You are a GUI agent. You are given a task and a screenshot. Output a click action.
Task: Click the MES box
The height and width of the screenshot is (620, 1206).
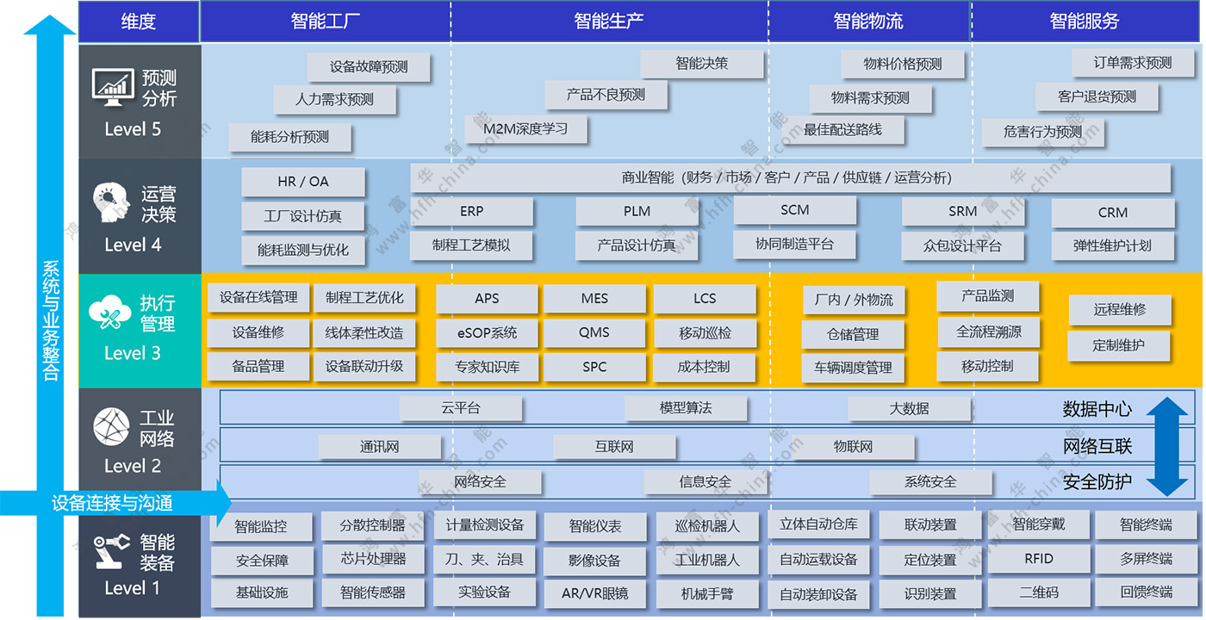(594, 299)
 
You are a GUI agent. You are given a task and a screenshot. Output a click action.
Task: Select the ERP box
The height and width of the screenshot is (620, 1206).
(471, 211)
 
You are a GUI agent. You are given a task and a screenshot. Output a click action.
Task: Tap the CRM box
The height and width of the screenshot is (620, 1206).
(1113, 213)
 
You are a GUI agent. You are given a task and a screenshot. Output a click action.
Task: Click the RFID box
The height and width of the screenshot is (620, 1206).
(1039, 559)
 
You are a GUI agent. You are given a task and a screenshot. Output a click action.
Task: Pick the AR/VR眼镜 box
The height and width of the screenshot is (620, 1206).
(594, 592)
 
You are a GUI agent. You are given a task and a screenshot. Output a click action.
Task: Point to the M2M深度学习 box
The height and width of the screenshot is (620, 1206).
(526, 129)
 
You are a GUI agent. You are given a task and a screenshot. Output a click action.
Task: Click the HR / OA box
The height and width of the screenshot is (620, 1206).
(303, 182)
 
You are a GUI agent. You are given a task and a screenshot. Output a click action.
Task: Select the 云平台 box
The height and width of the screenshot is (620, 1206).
(461, 408)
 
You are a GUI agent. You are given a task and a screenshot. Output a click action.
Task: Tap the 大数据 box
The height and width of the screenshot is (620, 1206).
(909, 408)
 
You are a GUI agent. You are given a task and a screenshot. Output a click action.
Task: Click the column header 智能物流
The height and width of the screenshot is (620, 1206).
(868, 22)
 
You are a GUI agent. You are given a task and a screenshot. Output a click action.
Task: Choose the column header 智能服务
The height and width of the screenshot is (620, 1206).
(1085, 22)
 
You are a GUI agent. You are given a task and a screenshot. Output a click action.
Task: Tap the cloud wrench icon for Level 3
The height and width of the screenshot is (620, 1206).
(109, 313)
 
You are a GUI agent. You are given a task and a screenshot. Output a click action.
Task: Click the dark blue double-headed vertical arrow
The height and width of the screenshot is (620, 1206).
(1168, 446)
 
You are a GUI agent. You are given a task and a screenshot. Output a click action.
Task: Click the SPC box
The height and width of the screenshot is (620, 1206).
(594, 367)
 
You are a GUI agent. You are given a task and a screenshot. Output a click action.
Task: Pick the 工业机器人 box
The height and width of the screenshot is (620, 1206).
(706, 560)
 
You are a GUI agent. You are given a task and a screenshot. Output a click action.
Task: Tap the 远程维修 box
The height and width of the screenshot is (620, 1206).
(1119, 310)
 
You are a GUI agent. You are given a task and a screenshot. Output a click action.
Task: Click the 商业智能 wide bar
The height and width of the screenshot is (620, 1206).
(790, 178)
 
